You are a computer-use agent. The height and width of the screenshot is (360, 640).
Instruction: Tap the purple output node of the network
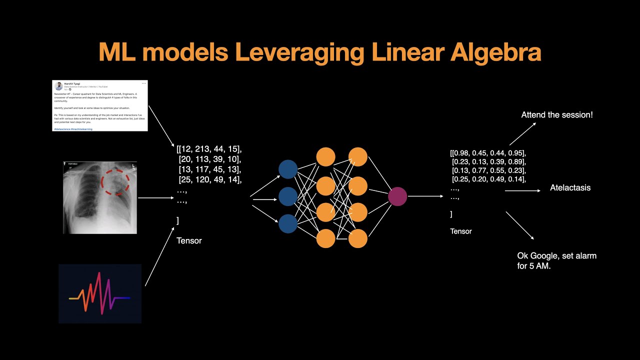coord(397,196)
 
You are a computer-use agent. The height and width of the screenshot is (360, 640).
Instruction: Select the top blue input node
coord(287,169)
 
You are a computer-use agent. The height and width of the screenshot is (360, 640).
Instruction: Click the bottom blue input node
coord(287,223)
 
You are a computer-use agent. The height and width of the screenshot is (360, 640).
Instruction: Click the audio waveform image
coord(100,293)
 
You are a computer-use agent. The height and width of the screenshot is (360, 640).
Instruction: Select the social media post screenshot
coord(100,105)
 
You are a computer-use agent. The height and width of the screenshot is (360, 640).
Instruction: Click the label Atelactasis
coord(570,188)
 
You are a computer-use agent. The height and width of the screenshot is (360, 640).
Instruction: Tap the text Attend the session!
coord(557,114)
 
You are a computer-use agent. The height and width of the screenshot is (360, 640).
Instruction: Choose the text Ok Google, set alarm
coord(556,255)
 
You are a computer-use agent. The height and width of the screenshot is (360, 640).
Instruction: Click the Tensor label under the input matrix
coord(189,240)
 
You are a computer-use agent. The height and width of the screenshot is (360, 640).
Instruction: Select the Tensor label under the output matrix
coord(461,231)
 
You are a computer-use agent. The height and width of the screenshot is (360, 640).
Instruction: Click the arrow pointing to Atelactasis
coord(522,190)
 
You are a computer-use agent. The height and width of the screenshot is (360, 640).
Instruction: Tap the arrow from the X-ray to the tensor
coord(155,198)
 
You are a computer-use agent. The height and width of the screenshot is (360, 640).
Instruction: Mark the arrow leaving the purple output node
coord(425,196)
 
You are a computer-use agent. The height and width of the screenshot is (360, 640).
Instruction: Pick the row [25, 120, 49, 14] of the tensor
coord(210,180)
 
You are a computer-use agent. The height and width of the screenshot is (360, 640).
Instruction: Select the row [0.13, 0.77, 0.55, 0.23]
coord(488,170)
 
